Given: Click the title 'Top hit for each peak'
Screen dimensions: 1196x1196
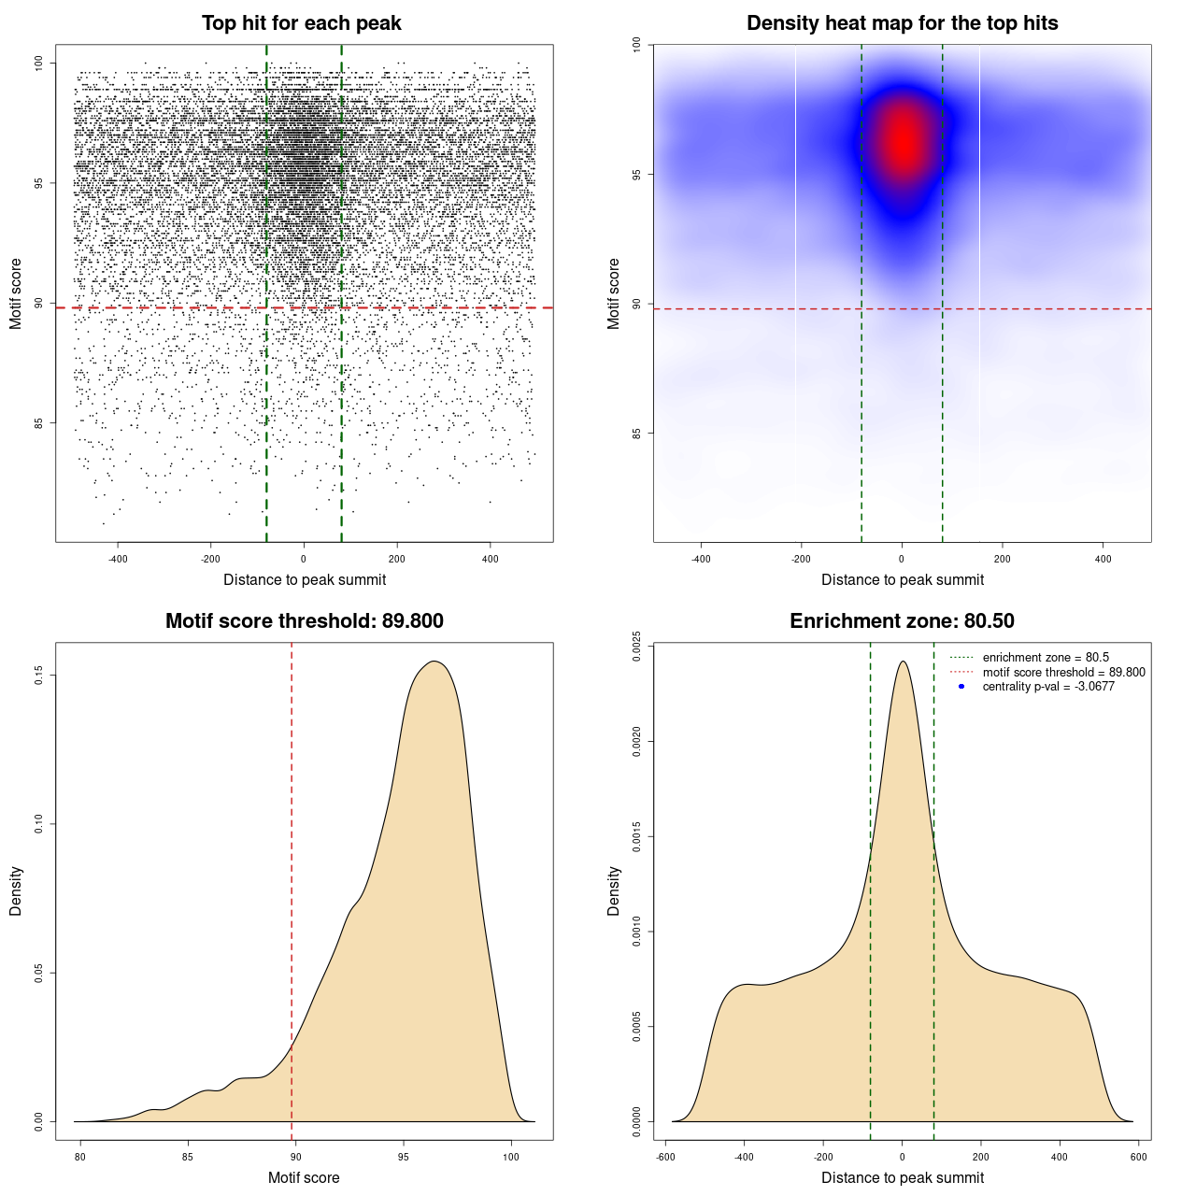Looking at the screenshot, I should click(301, 23).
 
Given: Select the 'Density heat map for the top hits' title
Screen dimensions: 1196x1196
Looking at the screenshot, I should click(902, 23).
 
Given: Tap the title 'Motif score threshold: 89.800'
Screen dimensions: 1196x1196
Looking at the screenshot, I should click(304, 621).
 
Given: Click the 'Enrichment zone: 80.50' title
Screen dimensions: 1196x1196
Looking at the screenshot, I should click(902, 621).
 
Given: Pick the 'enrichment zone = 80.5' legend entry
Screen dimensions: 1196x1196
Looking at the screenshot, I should click(1046, 658).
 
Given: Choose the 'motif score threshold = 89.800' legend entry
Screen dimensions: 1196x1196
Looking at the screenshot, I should click(1063, 672).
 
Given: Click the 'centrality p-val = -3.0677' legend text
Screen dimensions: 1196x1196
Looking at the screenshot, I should click(1048, 687).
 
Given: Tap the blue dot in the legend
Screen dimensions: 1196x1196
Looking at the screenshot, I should click(961, 687).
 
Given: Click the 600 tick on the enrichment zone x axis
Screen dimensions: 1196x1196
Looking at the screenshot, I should click(1138, 1157).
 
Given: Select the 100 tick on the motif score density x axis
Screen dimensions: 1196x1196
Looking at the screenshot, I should click(511, 1157).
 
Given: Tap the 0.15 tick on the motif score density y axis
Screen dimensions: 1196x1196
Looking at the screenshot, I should click(39, 675).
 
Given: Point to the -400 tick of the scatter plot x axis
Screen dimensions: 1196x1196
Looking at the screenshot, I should click(118, 559).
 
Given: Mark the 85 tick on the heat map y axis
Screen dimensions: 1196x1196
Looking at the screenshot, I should click(637, 434).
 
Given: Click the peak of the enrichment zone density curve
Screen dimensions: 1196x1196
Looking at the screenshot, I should click(903, 662).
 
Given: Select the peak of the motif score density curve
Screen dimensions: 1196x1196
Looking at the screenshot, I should click(434, 662).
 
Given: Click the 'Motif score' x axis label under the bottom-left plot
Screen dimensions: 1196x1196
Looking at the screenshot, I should click(304, 1177).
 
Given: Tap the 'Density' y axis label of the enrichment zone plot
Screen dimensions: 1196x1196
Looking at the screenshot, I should click(614, 890).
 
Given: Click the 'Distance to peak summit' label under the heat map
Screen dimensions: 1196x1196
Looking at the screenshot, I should click(902, 579).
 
